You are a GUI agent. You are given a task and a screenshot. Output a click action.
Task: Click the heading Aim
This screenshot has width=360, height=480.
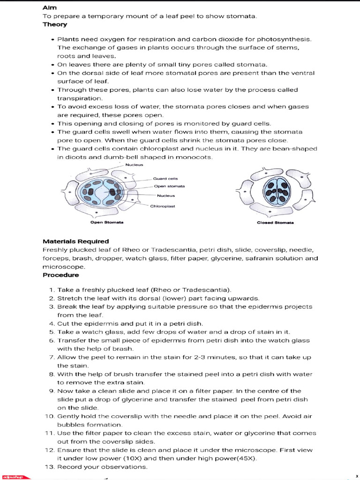click(49, 8)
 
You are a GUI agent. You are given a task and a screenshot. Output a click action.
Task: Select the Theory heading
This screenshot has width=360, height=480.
click(54, 24)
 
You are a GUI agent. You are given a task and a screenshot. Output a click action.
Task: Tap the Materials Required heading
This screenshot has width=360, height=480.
click(75, 241)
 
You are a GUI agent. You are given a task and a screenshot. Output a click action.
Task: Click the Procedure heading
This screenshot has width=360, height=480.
click(61, 275)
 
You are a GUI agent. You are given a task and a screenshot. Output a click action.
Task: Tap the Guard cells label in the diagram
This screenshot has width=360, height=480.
click(165, 179)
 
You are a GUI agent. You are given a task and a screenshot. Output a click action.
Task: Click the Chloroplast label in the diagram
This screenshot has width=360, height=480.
click(162, 206)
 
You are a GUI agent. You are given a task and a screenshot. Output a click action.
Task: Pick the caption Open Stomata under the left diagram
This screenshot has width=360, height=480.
click(104, 222)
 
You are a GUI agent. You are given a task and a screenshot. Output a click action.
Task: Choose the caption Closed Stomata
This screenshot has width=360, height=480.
click(275, 223)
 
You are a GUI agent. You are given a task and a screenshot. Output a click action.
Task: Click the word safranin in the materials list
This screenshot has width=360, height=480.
click(249, 258)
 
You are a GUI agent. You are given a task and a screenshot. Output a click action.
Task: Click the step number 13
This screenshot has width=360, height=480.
click(50, 467)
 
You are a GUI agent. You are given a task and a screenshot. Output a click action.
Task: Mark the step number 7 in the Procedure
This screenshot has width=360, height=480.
click(52, 357)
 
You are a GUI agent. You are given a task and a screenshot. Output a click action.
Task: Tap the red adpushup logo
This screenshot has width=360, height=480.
click(15, 476)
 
